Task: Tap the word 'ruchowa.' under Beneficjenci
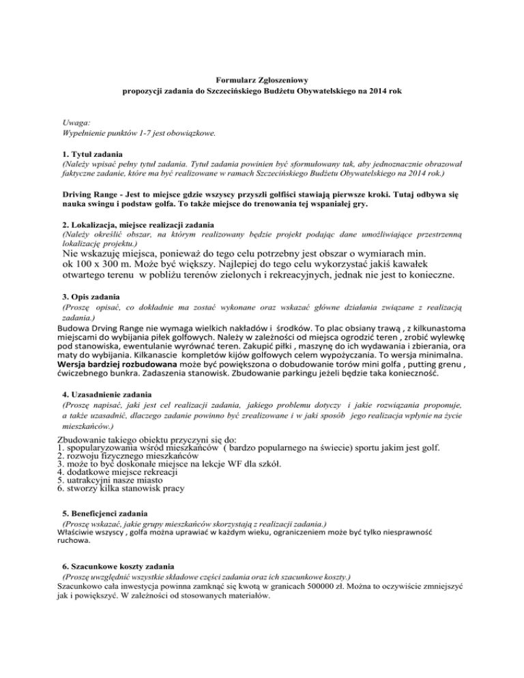pos(74,539)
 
